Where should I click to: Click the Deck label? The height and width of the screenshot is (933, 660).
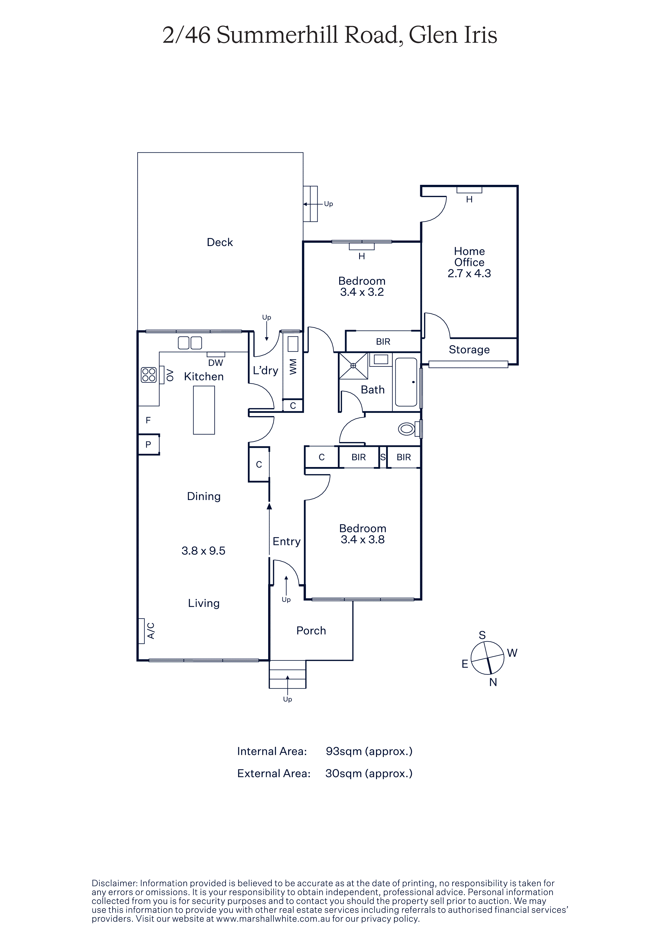pos(220,242)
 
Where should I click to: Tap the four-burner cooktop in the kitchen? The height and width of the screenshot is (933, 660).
pos(149,375)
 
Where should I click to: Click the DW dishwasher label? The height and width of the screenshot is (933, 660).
pos(216,363)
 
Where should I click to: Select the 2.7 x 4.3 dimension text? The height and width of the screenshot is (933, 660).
pos(469,273)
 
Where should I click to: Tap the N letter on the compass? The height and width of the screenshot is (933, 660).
pos(493,682)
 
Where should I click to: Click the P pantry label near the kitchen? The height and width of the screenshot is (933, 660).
pos(148,444)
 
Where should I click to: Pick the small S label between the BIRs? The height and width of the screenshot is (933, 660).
pos(383,457)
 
